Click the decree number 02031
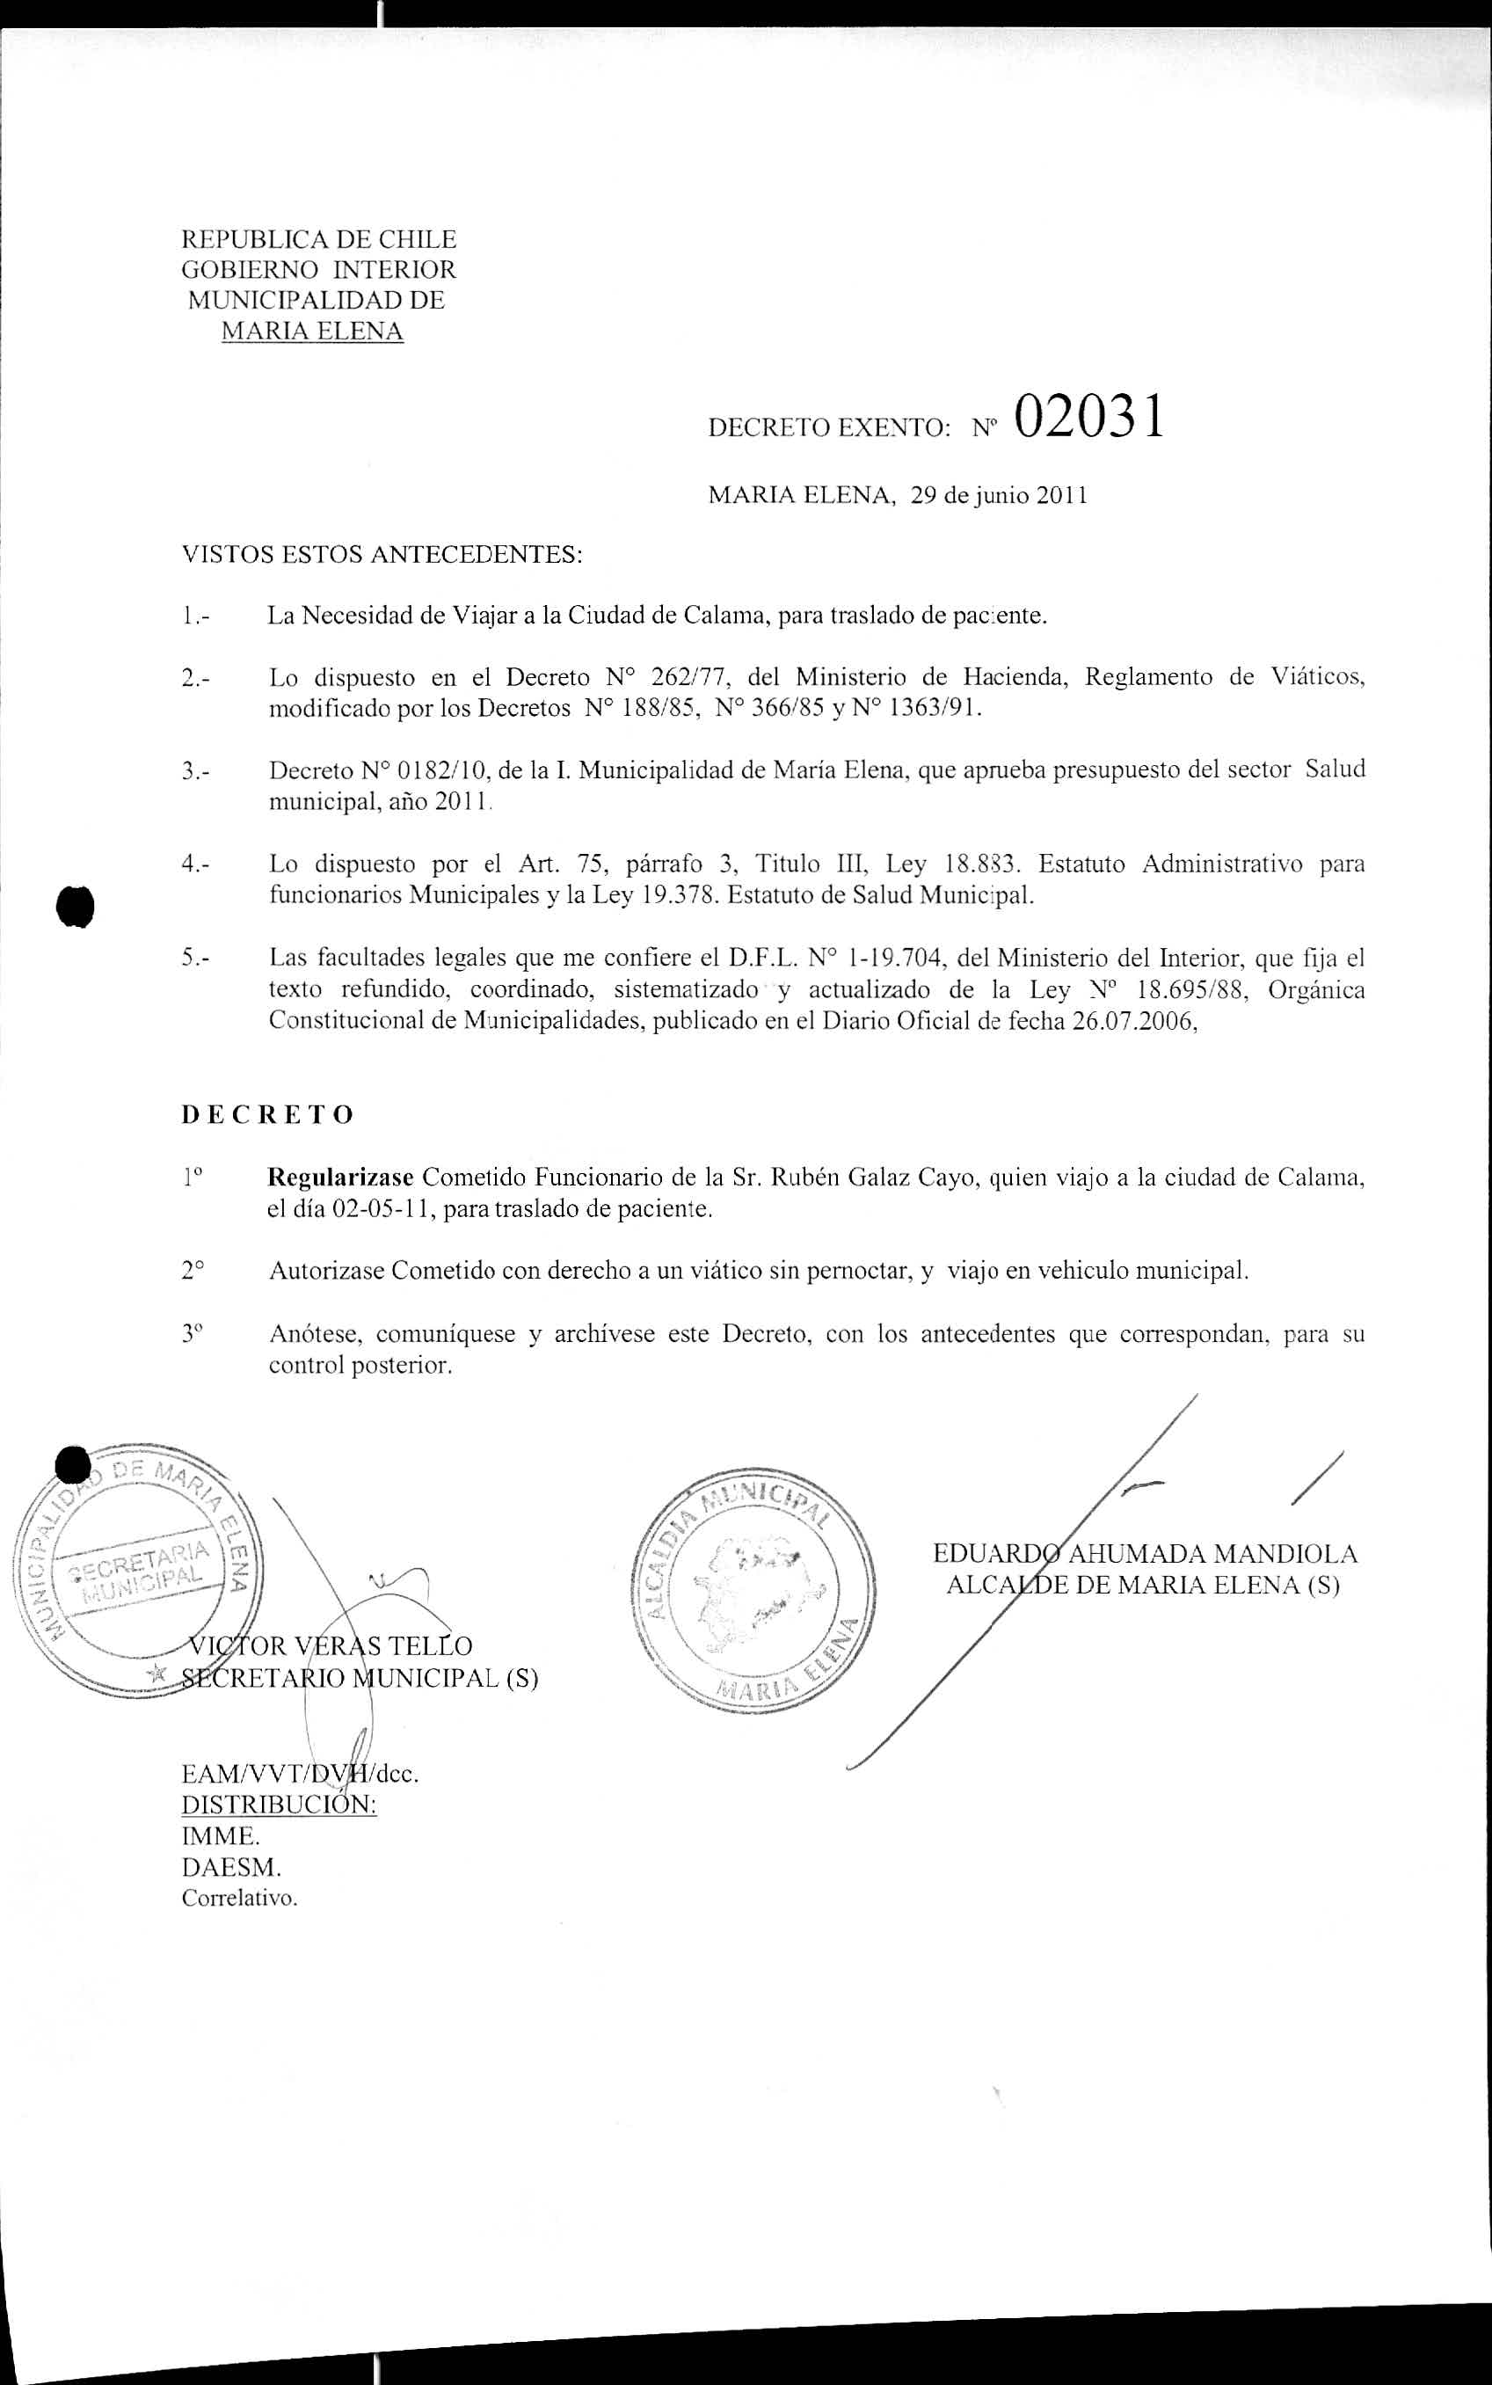click(1088, 418)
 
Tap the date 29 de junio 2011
click(999, 495)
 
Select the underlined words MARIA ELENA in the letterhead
click(312, 332)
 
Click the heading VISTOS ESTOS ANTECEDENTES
click(382, 555)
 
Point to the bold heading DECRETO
click(267, 1115)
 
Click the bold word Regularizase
click(341, 1178)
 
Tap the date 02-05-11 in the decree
click(384, 1209)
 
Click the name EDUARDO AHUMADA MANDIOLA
click(1145, 1554)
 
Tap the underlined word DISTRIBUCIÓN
click(280, 1805)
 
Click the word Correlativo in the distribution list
click(239, 1898)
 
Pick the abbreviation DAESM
click(231, 1867)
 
